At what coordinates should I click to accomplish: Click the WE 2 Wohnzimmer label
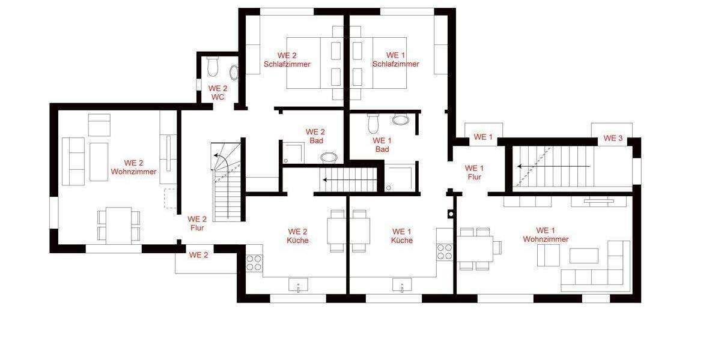(133, 167)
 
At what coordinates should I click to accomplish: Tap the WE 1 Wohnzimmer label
(546, 235)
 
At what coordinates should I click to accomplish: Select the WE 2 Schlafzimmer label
(287, 59)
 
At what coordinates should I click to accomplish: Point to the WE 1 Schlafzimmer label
(395, 59)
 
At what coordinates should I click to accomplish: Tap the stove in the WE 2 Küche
(254, 263)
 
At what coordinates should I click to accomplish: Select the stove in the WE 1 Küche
(445, 251)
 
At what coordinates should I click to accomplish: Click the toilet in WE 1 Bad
(373, 123)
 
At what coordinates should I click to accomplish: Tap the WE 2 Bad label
(315, 136)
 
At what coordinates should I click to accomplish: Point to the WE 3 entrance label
(612, 138)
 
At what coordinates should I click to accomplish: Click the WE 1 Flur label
(474, 172)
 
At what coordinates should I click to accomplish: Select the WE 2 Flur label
(196, 223)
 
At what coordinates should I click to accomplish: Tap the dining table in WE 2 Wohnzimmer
(119, 225)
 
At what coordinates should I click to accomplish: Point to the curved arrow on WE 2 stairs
(221, 160)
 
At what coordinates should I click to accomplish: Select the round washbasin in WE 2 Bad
(329, 158)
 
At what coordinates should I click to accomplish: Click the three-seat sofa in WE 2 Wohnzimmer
(73, 161)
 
